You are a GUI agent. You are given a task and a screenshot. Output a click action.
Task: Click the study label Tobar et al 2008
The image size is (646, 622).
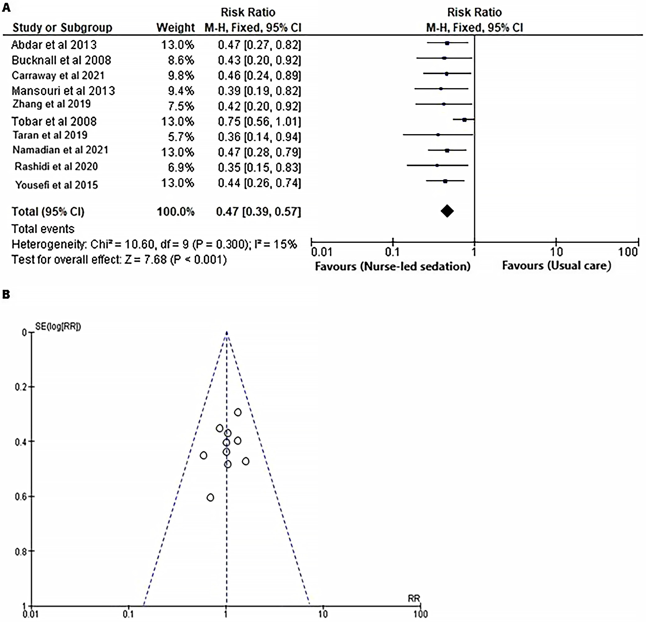pyautogui.click(x=54, y=121)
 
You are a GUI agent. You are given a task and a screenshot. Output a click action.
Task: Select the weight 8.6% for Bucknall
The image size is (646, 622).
pyautogui.click(x=181, y=60)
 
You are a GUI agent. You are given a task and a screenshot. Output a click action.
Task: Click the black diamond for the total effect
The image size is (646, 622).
pyautogui.click(x=447, y=211)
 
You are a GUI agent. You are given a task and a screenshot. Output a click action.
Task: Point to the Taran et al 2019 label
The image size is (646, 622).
pyautogui.click(x=50, y=135)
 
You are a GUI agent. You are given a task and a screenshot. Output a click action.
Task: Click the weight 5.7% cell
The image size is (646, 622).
pyautogui.click(x=181, y=137)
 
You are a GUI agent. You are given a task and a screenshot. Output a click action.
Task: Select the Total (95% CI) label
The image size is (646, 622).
pyautogui.click(x=48, y=211)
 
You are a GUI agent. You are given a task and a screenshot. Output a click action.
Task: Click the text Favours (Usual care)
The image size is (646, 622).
pyautogui.click(x=556, y=266)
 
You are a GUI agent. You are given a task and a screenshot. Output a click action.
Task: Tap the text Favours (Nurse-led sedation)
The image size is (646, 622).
pyautogui.click(x=392, y=266)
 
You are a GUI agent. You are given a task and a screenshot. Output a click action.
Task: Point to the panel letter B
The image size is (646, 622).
pyautogui.click(x=6, y=294)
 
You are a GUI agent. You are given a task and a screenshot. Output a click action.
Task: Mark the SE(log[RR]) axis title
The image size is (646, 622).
pyautogui.click(x=58, y=326)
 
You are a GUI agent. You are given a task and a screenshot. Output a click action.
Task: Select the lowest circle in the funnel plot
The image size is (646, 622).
pyautogui.click(x=210, y=497)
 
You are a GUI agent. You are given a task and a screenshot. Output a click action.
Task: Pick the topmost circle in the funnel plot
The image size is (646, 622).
pyautogui.click(x=238, y=412)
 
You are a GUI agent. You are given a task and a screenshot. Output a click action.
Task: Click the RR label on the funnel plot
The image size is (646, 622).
pyautogui.click(x=414, y=598)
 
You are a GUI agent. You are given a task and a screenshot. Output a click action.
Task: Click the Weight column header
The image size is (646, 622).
pyautogui.click(x=175, y=28)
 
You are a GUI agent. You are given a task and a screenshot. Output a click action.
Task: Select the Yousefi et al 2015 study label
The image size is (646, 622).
pyautogui.click(x=57, y=185)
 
